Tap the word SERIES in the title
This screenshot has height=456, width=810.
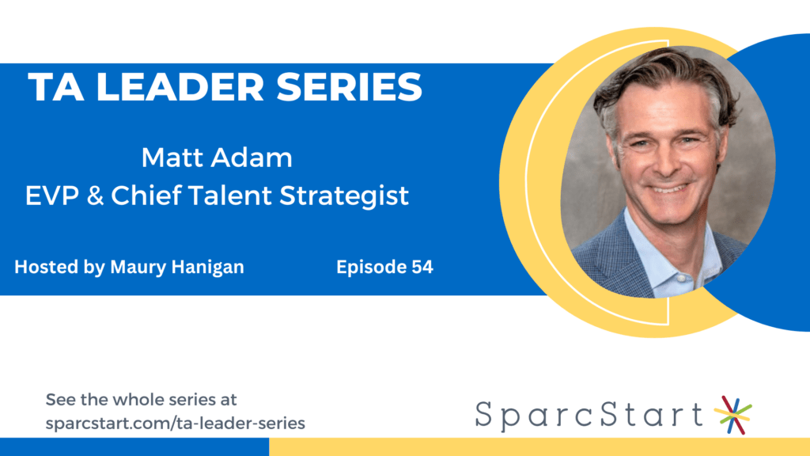point(349,87)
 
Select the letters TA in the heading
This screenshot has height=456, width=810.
point(56,87)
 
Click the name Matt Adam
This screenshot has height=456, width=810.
point(217,158)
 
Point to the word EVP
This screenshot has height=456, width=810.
point(53,196)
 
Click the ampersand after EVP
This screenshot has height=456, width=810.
point(95,196)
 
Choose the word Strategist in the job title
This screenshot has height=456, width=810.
point(344,197)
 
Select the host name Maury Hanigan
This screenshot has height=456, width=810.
point(177,268)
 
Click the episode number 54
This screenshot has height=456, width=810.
point(422,267)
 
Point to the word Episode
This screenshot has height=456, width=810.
point(371,268)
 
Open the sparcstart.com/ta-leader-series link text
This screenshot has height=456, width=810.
point(176,424)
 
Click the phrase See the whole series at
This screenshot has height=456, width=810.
point(141,400)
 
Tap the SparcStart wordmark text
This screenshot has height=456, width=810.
point(589,416)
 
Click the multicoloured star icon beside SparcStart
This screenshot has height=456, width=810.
point(732,415)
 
